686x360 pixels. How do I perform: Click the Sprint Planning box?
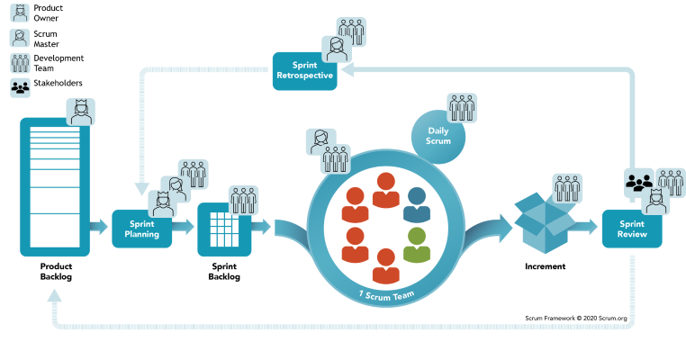pos(141,228)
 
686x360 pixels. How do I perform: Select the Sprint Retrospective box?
pos(304,71)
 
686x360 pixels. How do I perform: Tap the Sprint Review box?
pos(631,228)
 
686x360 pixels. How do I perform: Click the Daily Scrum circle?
pos(438,136)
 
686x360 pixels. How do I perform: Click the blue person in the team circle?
pos(416,205)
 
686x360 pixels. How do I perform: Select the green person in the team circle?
pos(416,244)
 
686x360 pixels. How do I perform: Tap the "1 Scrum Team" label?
pos(385,294)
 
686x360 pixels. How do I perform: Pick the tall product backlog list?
pos(55,186)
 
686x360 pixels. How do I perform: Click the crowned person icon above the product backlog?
pos(80,112)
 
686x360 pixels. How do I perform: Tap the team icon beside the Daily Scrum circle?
pos(463,108)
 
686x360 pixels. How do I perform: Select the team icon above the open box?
pos(566,188)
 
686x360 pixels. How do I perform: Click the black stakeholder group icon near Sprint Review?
pos(639,183)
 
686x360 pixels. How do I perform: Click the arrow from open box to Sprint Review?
pos(586,227)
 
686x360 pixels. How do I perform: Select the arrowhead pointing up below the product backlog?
pos(55,296)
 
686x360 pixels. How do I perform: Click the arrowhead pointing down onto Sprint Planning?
pos(142,190)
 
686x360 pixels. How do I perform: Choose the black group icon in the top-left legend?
pos(20,87)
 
